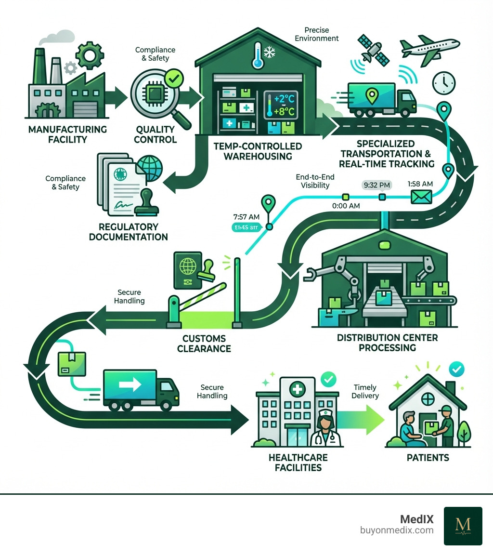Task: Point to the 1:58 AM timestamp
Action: pos(420,183)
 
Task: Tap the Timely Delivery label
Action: pos(365,392)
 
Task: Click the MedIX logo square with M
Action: pos(463,526)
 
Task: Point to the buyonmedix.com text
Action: pos(397,530)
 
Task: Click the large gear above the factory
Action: pos(90,55)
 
